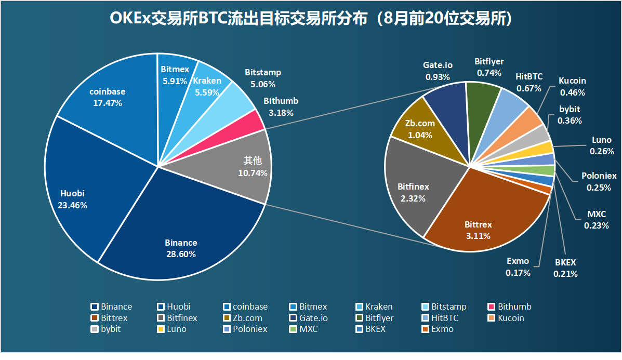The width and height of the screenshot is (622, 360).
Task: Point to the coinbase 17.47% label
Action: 107,97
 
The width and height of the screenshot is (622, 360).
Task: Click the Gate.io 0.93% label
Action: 438,71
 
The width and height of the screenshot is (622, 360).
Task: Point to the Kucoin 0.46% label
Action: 572,87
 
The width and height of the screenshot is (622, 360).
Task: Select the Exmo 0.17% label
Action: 518,266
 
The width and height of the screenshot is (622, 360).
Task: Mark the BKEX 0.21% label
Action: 565,268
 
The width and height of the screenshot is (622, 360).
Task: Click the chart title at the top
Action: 311,19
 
